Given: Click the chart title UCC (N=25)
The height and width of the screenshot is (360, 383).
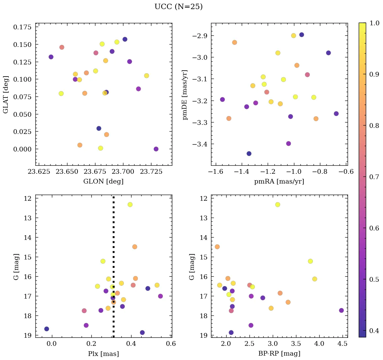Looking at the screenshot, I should tap(178, 7).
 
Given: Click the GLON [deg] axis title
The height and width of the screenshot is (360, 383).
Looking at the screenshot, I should tap(103, 182).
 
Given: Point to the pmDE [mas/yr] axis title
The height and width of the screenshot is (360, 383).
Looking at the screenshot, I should tap(185, 94).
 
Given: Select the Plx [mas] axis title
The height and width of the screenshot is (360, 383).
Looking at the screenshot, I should tap(103, 354).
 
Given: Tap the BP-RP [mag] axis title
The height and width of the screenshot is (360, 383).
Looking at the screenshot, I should tap(279, 354).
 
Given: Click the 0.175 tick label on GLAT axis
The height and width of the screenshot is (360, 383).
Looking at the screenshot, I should tap(22, 27).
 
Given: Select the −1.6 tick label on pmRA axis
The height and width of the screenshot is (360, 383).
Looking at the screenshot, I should tap(215, 172).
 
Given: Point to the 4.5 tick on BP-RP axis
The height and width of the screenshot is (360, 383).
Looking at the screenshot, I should tap(342, 344).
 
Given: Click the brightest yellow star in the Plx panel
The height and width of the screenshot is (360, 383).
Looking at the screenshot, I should tap(130, 204).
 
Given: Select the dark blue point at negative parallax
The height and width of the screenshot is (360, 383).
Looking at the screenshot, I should tap(47, 329).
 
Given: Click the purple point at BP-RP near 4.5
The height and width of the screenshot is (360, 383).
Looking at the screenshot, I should tap(341, 310).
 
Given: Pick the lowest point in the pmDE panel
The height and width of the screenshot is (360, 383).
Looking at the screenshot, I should tap(249, 154).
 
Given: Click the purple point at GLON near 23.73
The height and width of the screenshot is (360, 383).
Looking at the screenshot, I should tap(156, 149).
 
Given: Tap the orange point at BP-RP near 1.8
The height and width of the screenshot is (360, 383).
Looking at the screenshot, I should tap(217, 247).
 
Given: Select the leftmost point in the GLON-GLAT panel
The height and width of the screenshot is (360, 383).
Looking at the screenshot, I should tap(51, 57).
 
